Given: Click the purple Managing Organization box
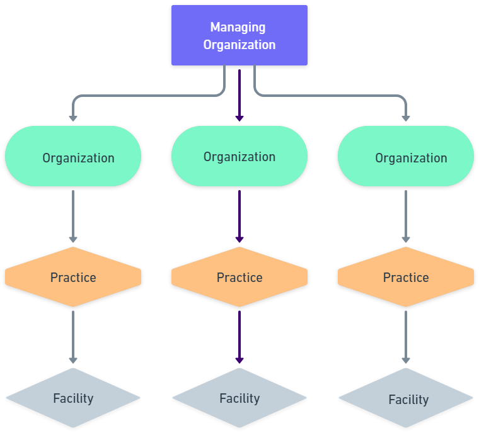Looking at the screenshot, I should point(239,35).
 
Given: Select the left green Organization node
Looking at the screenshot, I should point(73,156).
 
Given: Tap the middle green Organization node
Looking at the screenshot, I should point(239,156).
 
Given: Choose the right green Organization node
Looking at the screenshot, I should point(406,156).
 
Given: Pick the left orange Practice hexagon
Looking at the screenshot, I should point(73,277).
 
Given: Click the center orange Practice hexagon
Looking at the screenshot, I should point(239,277).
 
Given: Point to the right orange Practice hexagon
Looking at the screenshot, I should point(406,277).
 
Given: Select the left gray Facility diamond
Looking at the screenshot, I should point(73,398).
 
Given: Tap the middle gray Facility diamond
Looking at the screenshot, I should point(239,398).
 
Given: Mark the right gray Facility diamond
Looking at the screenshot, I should point(406,398).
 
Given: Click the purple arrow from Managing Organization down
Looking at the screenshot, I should point(239,94).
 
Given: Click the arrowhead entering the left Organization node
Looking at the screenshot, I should point(73,117).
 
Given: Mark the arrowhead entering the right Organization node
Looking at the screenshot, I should point(406,117).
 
